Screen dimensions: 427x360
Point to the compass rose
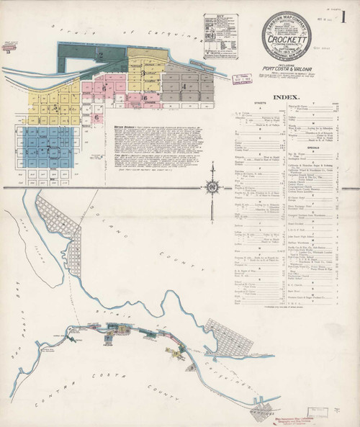213,188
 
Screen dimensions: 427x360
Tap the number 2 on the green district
102,55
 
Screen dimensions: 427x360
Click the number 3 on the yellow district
143,72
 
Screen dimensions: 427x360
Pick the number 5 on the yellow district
55,107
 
